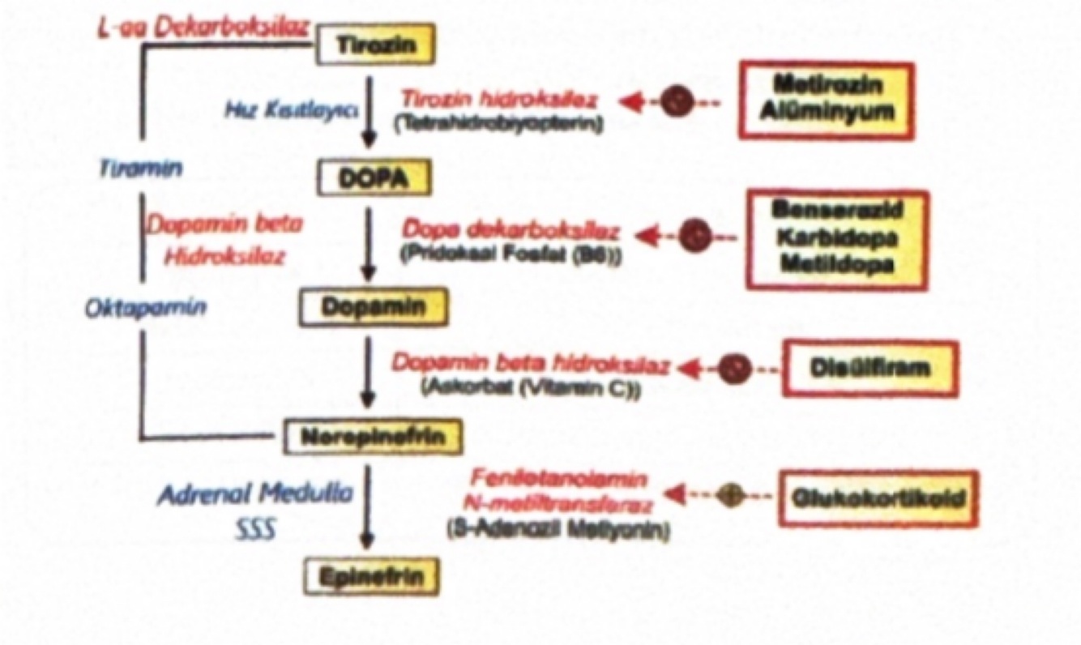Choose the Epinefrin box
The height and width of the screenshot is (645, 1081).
[374, 576]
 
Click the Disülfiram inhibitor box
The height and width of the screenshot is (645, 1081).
[869, 368]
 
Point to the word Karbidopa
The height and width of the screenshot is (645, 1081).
[835, 239]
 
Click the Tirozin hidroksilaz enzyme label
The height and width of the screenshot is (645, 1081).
[500, 100]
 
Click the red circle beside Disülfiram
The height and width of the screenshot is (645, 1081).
[734, 368]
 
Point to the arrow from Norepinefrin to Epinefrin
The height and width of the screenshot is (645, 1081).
[370, 506]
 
